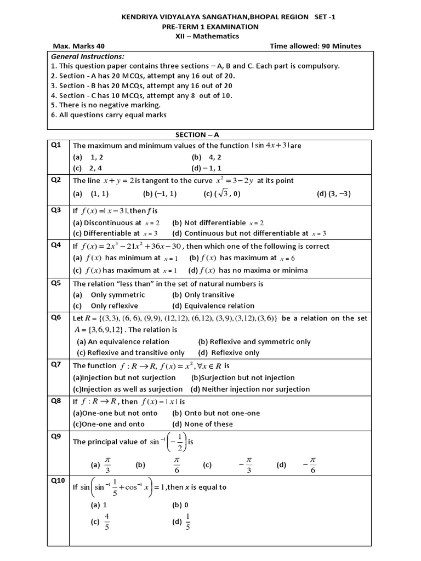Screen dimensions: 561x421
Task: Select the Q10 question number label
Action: point(58,480)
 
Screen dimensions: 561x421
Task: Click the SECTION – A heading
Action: point(197,134)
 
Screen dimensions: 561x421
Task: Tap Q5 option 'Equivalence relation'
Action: point(213,306)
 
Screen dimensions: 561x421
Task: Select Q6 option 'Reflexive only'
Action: point(229,353)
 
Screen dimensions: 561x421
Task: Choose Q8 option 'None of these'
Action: point(202,424)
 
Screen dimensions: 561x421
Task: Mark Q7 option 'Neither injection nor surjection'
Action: point(250,389)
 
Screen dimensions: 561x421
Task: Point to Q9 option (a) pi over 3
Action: point(107,465)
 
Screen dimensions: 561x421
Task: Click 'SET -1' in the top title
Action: point(325,18)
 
